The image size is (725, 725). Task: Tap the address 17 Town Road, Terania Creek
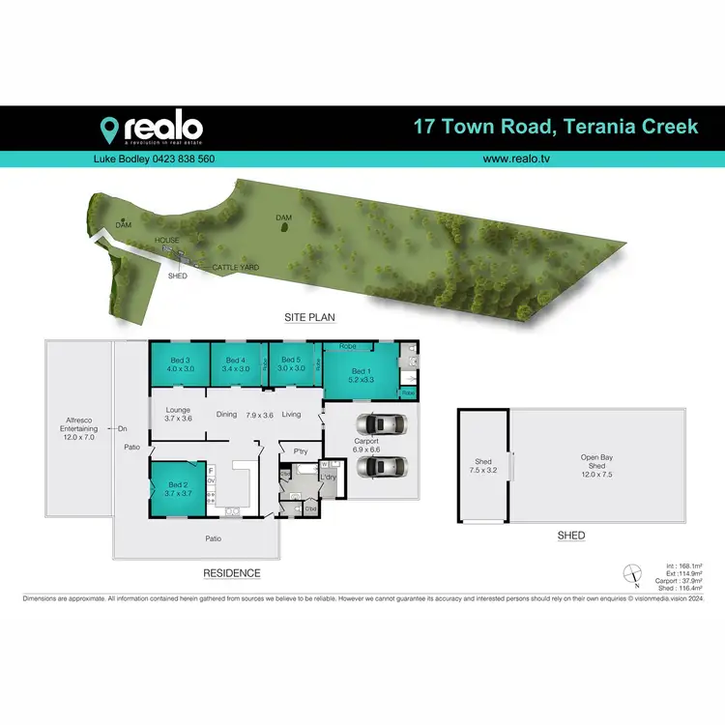tap(555, 127)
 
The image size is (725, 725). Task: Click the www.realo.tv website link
tap(523, 159)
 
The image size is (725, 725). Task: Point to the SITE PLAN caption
tap(308, 317)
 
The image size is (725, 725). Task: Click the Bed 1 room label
tap(361, 376)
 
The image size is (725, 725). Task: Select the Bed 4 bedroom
tap(237, 365)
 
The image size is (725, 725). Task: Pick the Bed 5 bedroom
tap(291, 365)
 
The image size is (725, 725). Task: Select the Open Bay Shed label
tap(597, 467)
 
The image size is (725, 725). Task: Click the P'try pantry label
tap(288, 449)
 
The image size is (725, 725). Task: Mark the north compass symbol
tap(630, 573)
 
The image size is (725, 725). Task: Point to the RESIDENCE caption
tap(231, 573)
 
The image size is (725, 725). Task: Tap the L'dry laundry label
tap(329, 477)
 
